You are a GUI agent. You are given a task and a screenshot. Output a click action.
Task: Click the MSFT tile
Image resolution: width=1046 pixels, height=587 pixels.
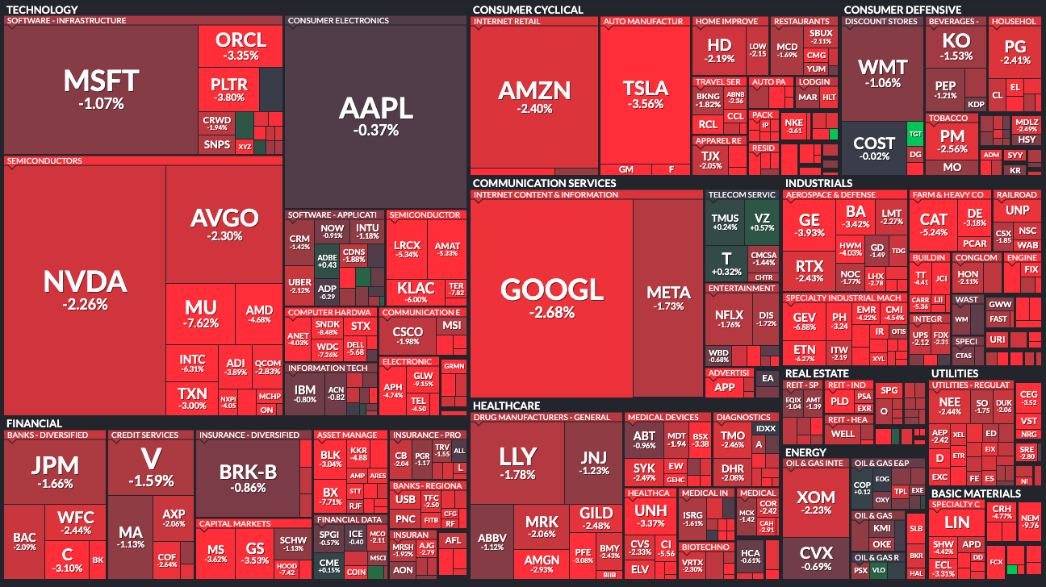click(x=101, y=89)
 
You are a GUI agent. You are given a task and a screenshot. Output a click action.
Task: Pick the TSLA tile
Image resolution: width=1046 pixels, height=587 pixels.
click(x=645, y=94)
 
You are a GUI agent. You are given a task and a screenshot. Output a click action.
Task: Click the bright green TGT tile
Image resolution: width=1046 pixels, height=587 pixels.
click(x=915, y=134)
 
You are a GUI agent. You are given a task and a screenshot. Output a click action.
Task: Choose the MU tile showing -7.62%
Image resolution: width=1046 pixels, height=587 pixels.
click(x=201, y=314)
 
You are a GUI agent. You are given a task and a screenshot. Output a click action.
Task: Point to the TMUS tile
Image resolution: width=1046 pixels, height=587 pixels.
click(x=726, y=223)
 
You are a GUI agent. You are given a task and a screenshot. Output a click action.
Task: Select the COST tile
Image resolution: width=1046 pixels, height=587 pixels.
click(x=874, y=149)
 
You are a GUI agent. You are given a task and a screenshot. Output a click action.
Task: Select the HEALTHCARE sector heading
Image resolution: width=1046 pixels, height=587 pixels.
click(x=506, y=406)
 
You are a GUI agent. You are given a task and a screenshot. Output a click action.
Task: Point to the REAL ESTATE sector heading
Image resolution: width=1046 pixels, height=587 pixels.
click(x=817, y=373)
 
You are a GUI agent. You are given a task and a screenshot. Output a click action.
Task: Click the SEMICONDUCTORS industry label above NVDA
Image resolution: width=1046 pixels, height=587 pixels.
click(x=45, y=161)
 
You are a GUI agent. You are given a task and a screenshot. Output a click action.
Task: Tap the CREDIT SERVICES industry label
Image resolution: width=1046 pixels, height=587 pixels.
click(x=145, y=435)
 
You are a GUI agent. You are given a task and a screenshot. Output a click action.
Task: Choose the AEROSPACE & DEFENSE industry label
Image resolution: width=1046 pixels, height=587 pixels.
click(x=831, y=195)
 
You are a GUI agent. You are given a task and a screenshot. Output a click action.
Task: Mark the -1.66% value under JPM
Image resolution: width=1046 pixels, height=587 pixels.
click(x=55, y=485)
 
